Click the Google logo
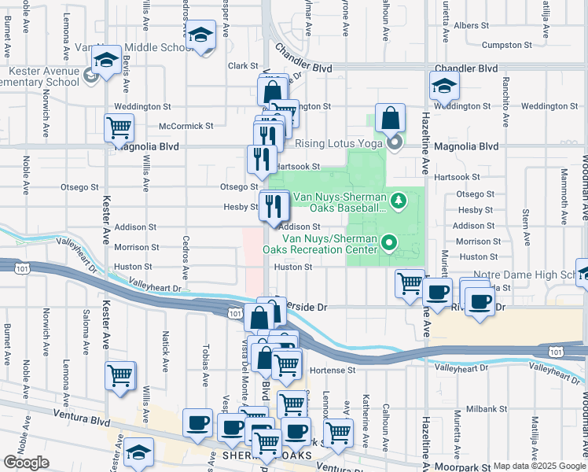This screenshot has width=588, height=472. [x=26, y=463]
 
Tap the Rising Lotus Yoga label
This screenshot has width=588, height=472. [x=338, y=143]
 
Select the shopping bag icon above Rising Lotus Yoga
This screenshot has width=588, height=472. [x=390, y=119]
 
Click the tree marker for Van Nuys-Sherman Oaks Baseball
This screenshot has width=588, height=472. [x=399, y=201]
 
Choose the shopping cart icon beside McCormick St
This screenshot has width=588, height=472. [x=119, y=128]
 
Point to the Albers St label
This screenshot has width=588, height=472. [x=472, y=25]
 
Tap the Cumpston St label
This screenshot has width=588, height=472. [x=503, y=46]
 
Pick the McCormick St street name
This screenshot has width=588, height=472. [x=186, y=126]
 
